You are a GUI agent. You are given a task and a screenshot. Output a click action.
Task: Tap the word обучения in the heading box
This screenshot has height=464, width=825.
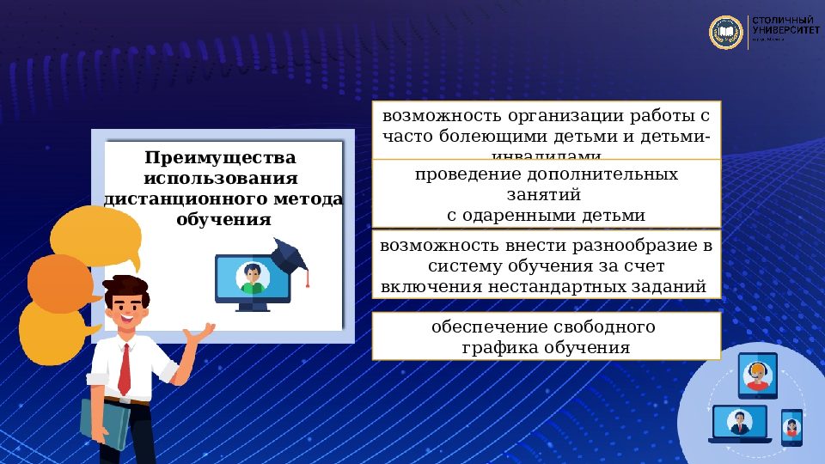point(223,220)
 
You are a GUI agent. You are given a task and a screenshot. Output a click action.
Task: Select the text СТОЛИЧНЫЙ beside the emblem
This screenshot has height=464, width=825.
point(782,20)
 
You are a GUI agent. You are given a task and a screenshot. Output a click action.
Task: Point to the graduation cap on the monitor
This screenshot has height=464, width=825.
point(290,254)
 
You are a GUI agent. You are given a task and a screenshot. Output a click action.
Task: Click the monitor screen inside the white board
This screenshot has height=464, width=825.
point(252,277)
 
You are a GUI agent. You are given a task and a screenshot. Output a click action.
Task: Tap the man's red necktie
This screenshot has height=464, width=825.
point(125,369)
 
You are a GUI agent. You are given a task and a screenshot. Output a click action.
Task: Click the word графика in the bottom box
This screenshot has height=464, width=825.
point(499,348)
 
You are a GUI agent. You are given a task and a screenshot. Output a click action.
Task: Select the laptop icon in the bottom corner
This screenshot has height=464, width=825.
point(738,424)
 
